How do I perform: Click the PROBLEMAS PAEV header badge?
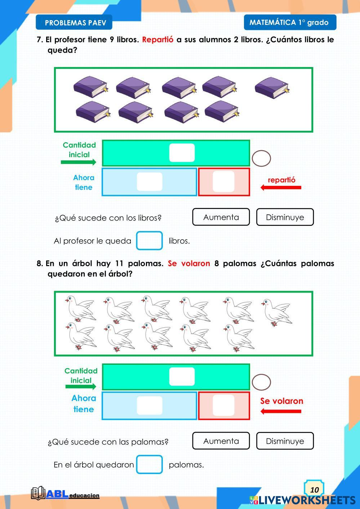[x=74, y=23]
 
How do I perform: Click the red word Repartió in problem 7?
[x=157, y=40]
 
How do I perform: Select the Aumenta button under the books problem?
[x=221, y=217]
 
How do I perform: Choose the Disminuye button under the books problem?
[x=285, y=217]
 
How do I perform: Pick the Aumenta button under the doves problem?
[x=221, y=441]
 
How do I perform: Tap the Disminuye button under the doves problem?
[x=285, y=441]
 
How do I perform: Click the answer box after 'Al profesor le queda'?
[x=149, y=241]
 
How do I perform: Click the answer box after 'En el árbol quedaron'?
[x=149, y=464]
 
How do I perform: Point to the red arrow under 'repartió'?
[x=281, y=187]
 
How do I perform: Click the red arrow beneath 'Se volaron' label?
[x=281, y=411]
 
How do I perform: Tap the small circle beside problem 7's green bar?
[x=261, y=158]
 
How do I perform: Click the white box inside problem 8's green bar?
[x=182, y=377]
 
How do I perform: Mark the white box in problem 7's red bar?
[x=223, y=182]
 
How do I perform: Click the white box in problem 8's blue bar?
[x=150, y=406]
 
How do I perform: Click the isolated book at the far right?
[x=272, y=88]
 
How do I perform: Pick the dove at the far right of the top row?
[x=276, y=312]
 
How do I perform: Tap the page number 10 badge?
[x=314, y=489]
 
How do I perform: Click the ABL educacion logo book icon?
[x=38, y=493]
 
